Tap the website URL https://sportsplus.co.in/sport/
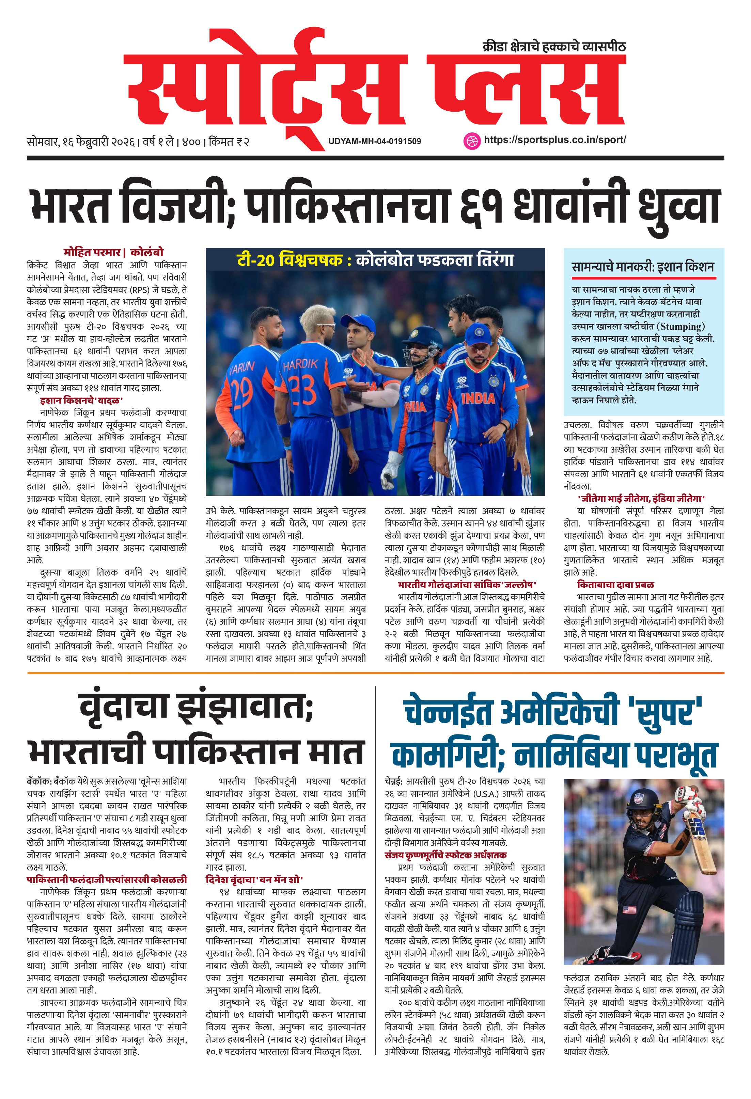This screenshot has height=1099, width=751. coord(554,140)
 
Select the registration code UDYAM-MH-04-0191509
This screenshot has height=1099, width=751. coord(375,141)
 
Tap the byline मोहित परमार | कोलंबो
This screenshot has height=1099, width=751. coord(113,253)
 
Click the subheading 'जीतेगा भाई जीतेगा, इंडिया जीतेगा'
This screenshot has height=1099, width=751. coord(641,498)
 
